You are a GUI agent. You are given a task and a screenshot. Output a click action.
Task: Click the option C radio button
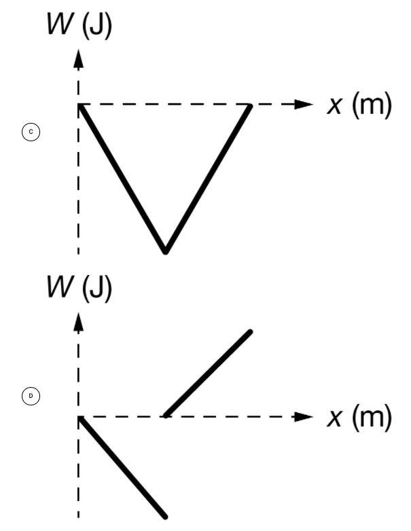point(31,132)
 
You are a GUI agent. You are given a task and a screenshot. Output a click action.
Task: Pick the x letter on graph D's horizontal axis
point(334,418)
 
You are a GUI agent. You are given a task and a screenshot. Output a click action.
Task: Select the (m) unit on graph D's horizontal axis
point(372,417)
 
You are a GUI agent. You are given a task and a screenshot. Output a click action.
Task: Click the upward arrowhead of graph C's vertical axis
point(79,59)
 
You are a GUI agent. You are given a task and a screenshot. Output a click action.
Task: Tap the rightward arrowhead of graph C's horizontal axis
point(303,105)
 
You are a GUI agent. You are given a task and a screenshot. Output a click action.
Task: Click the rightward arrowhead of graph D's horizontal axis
point(303,416)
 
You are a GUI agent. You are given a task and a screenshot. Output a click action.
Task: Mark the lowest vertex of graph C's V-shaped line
point(165,251)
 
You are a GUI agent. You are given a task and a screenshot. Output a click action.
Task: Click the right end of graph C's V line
point(250,106)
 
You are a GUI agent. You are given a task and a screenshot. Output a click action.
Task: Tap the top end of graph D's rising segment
point(250,332)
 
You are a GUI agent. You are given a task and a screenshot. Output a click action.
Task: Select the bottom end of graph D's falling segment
point(165,516)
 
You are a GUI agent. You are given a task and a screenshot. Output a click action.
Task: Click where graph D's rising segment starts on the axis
point(165,416)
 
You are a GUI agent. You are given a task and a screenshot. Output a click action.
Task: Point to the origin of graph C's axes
point(79,105)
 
